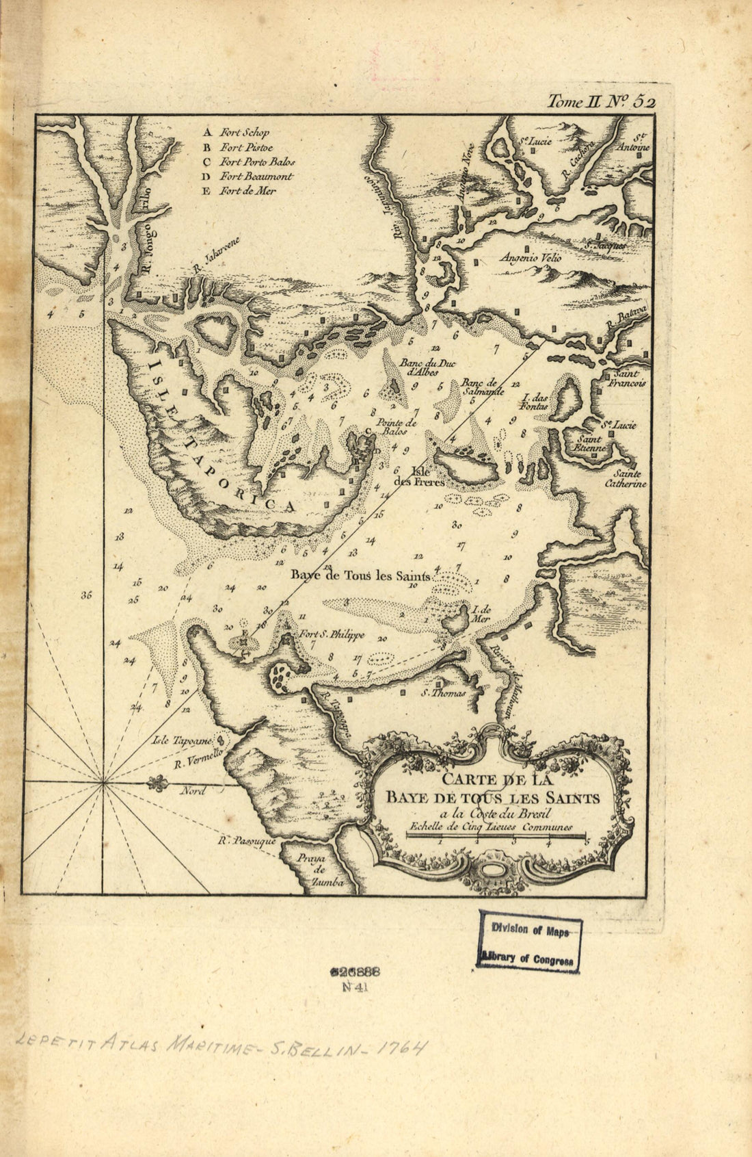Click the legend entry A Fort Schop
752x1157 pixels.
pyautogui.click(x=236, y=133)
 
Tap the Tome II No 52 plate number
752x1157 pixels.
pyautogui.click(x=601, y=101)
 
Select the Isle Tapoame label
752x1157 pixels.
pyautogui.click(x=184, y=740)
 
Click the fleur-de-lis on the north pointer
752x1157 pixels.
pyautogui.click(x=156, y=782)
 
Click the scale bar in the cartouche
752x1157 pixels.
pyautogui.click(x=497, y=837)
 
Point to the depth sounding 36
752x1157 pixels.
pyautogui.click(x=85, y=595)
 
